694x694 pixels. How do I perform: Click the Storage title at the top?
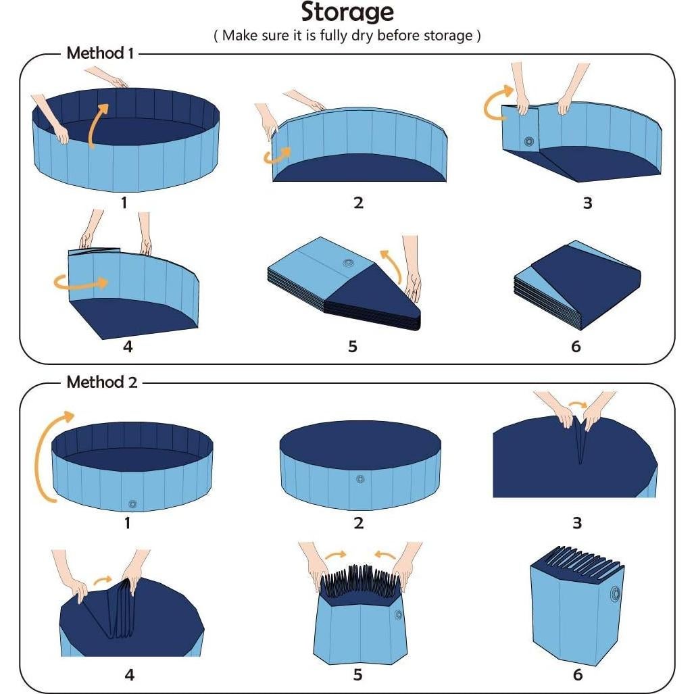point(347,12)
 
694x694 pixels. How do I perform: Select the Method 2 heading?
point(101,382)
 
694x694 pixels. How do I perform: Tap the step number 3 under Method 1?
point(587,203)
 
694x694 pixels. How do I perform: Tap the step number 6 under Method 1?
point(576,346)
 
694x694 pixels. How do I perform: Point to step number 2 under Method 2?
point(358,522)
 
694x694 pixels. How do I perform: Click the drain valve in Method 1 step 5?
point(349,264)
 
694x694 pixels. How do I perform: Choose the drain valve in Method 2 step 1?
point(132,503)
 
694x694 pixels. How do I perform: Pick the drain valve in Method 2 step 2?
point(359,479)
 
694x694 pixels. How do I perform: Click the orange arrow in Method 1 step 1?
point(95,125)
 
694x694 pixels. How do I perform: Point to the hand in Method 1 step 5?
point(412,270)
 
